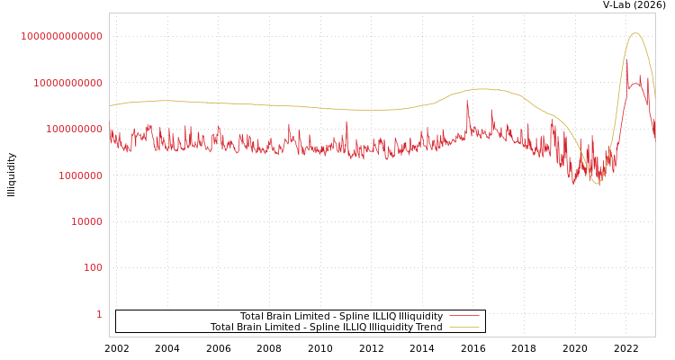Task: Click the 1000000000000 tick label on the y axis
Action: point(62,36)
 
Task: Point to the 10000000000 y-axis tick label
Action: point(67,83)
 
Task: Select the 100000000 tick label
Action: point(73,130)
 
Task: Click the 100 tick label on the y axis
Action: point(93,268)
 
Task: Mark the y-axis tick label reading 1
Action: point(99,314)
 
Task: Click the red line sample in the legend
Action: point(463,316)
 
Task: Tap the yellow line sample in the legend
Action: point(463,328)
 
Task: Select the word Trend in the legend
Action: point(427,328)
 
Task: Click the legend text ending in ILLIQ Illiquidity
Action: point(341,316)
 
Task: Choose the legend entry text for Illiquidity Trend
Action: point(326,328)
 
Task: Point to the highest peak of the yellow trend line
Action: point(635,33)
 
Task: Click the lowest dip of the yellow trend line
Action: point(597,184)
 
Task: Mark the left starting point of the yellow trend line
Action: point(110,105)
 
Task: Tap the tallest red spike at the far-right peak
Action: point(627,60)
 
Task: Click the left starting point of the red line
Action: point(110,130)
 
